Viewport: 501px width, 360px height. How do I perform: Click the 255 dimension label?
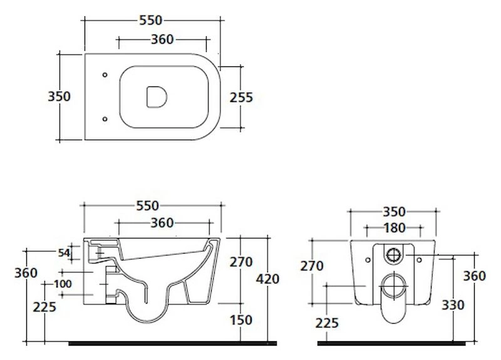point(241,98)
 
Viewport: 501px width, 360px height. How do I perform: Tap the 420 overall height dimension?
point(267,279)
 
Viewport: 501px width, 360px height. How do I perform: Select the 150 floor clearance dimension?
point(241,320)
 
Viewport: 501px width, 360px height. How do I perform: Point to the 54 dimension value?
point(64,253)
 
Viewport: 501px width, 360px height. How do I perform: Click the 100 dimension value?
point(63,284)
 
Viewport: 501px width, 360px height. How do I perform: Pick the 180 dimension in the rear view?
point(395,228)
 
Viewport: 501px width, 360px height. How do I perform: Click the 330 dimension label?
point(453,305)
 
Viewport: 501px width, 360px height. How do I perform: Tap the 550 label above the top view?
point(151,21)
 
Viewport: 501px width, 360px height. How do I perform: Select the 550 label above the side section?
point(147,206)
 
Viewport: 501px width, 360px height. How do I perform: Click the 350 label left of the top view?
point(59,96)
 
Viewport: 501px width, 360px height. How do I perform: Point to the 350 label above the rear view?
point(395,212)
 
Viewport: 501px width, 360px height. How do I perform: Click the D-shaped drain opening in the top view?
point(157,96)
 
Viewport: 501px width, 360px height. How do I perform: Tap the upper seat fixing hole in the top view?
point(105,75)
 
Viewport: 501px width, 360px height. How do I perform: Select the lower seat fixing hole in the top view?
point(105,119)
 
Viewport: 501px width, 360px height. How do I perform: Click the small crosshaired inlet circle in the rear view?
point(394,255)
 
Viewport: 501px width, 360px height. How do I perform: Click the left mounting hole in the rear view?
point(368,260)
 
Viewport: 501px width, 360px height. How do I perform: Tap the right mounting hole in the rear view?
point(419,260)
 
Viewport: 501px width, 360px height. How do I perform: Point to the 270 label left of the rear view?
point(311,265)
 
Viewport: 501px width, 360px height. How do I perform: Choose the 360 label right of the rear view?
point(475,275)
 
